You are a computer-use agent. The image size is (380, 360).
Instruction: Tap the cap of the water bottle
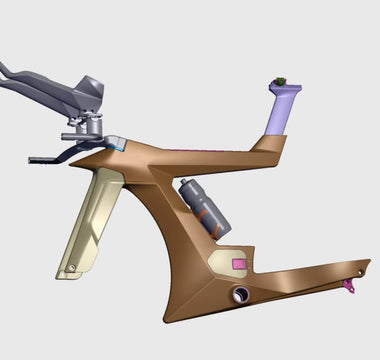click(186, 183)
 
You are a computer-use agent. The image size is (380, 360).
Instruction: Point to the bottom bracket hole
click(240, 295)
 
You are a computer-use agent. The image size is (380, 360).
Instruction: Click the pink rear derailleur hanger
click(349, 288)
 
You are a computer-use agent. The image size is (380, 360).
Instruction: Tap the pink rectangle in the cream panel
click(238, 262)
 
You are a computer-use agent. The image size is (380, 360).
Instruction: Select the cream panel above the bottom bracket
click(226, 262)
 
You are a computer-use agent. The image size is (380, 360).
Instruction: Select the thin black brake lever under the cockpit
click(45, 157)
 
